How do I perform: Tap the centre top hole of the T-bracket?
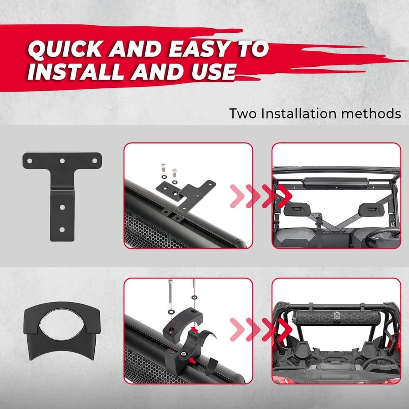(62, 161)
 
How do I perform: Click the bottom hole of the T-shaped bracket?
(62, 229)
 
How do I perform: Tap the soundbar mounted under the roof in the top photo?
(335, 183)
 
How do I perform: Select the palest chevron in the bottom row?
(237, 330)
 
